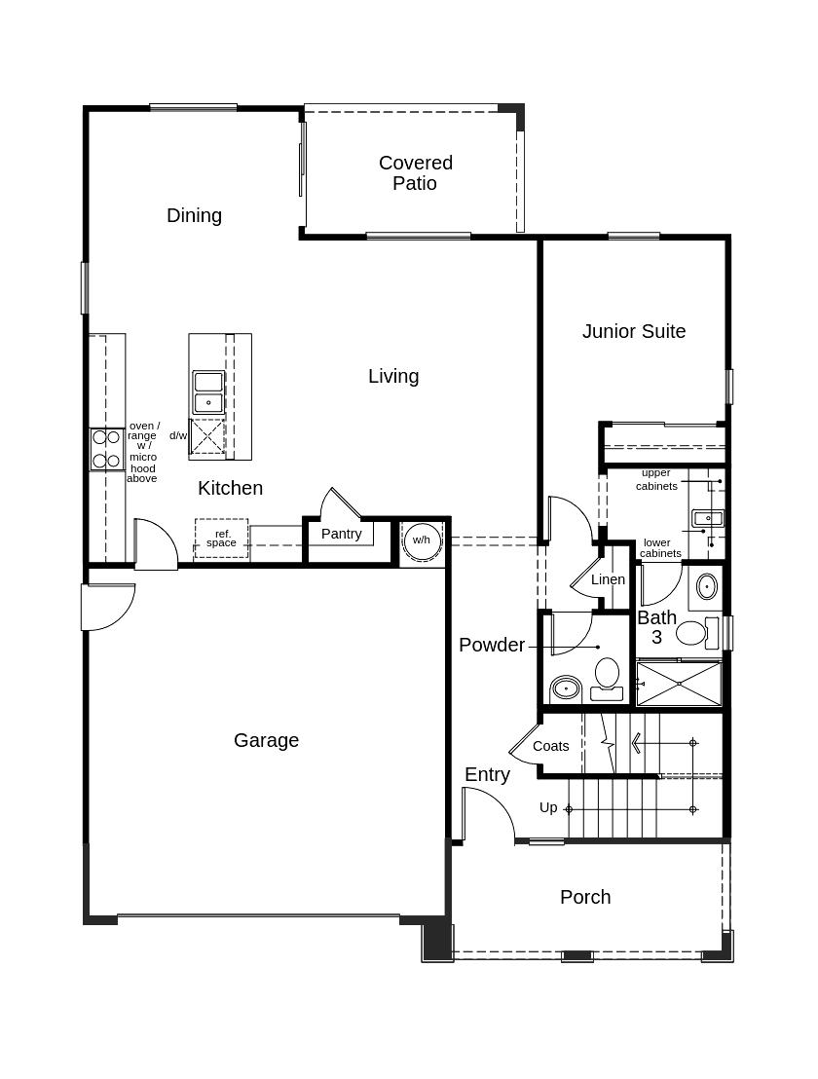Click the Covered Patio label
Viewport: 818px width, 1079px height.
pyautogui.click(x=416, y=172)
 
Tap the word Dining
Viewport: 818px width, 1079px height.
pyautogui.click(x=194, y=215)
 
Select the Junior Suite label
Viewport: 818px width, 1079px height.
pyautogui.click(x=634, y=331)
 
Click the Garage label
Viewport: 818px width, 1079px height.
pyautogui.click(x=266, y=740)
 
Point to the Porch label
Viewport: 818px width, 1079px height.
pyautogui.click(x=585, y=897)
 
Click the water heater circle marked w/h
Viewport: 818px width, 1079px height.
pyautogui.click(x=422, y=540)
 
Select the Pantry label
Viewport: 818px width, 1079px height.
pyautogui.click(x=341, y=534)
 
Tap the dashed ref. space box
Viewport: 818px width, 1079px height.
pyautogui.click(x=221, y=539)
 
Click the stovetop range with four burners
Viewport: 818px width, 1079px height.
pyautogui.click(x=106, y=449)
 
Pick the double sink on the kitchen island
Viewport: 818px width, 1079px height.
pyautogui.click(x=208, y=391)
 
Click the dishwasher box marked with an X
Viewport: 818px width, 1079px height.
pyautogui.click(x=207, y=436)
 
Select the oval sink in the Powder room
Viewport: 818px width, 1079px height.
pyautogui.click(x=566, y=689)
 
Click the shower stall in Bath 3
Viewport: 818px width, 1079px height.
pyautogui.click(x=679, y=684)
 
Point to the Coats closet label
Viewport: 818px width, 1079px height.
pyautogui.click(x=550, y=746)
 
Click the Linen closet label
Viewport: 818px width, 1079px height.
pyautogui.click(x=608, y=579)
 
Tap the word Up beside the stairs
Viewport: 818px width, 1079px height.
pyautogui.click(x=548, y=807)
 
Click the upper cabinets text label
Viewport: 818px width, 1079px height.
pyautogui.click(x=656, y=479)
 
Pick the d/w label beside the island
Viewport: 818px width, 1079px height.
pyautogui.click(x=178, y=435)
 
